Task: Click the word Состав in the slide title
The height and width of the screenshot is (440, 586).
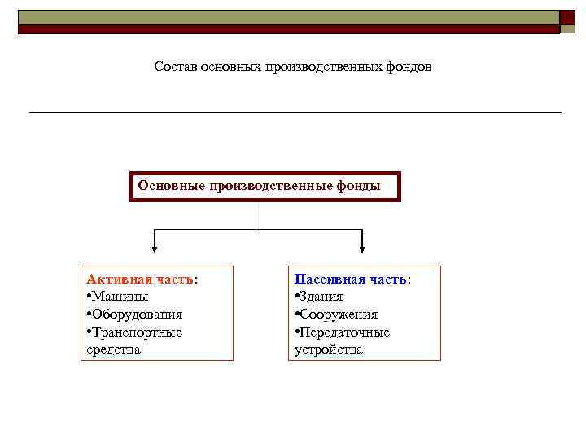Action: pos(173,66)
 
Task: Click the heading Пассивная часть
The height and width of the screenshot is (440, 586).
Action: pos(351,279)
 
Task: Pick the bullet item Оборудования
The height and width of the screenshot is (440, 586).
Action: pos(136,315)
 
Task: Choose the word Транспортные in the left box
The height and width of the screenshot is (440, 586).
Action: pos(136,332)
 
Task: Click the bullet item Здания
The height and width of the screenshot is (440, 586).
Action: pos(321,297)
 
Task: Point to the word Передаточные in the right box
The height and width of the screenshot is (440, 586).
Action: pos(344,332)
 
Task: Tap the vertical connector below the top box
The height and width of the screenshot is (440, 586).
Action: pos(256,215)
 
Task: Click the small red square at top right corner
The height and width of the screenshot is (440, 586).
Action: pos(568,17)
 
